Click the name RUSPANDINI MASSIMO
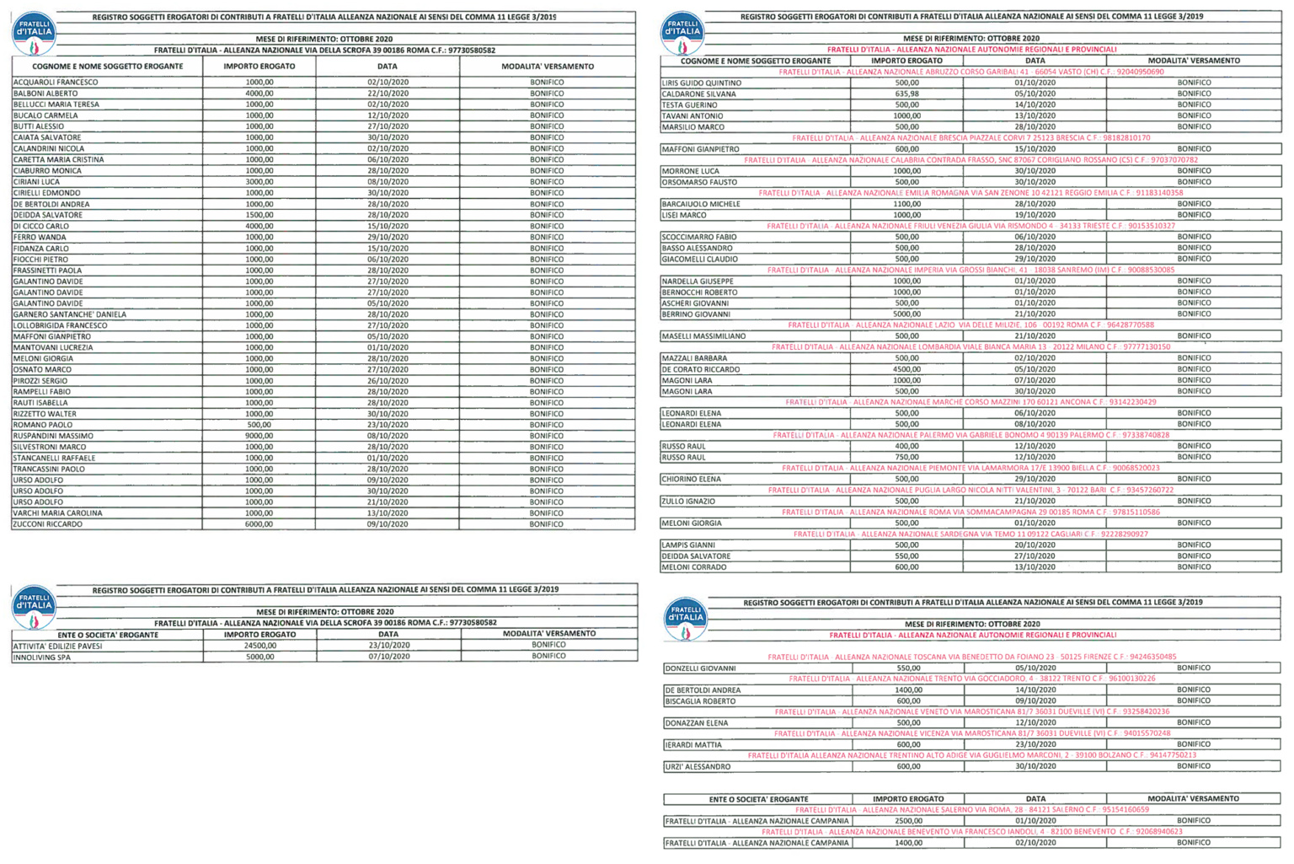pos(53,436)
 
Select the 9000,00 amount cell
pos(259,436)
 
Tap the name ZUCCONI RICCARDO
pos(48,524)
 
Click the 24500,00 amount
pos(260,646)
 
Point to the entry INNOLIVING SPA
pos(42,657)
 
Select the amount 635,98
pos(906,94)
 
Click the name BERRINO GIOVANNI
pos(696,314)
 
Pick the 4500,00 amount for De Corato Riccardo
pos(906,369)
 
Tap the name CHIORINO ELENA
pos(692,479)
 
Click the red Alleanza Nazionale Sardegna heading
pos(970,534)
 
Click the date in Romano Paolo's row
pos(388,425)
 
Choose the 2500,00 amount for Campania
pos(907,821)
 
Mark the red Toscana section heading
pos(971,657)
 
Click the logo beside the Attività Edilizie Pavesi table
pos(34,608)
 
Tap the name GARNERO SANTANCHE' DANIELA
pos(70,314)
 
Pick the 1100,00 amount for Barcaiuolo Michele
pos(906,204)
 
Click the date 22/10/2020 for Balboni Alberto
pos(388,94)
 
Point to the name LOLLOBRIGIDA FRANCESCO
pos(61,325)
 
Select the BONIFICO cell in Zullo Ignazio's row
pos(1194,501)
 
